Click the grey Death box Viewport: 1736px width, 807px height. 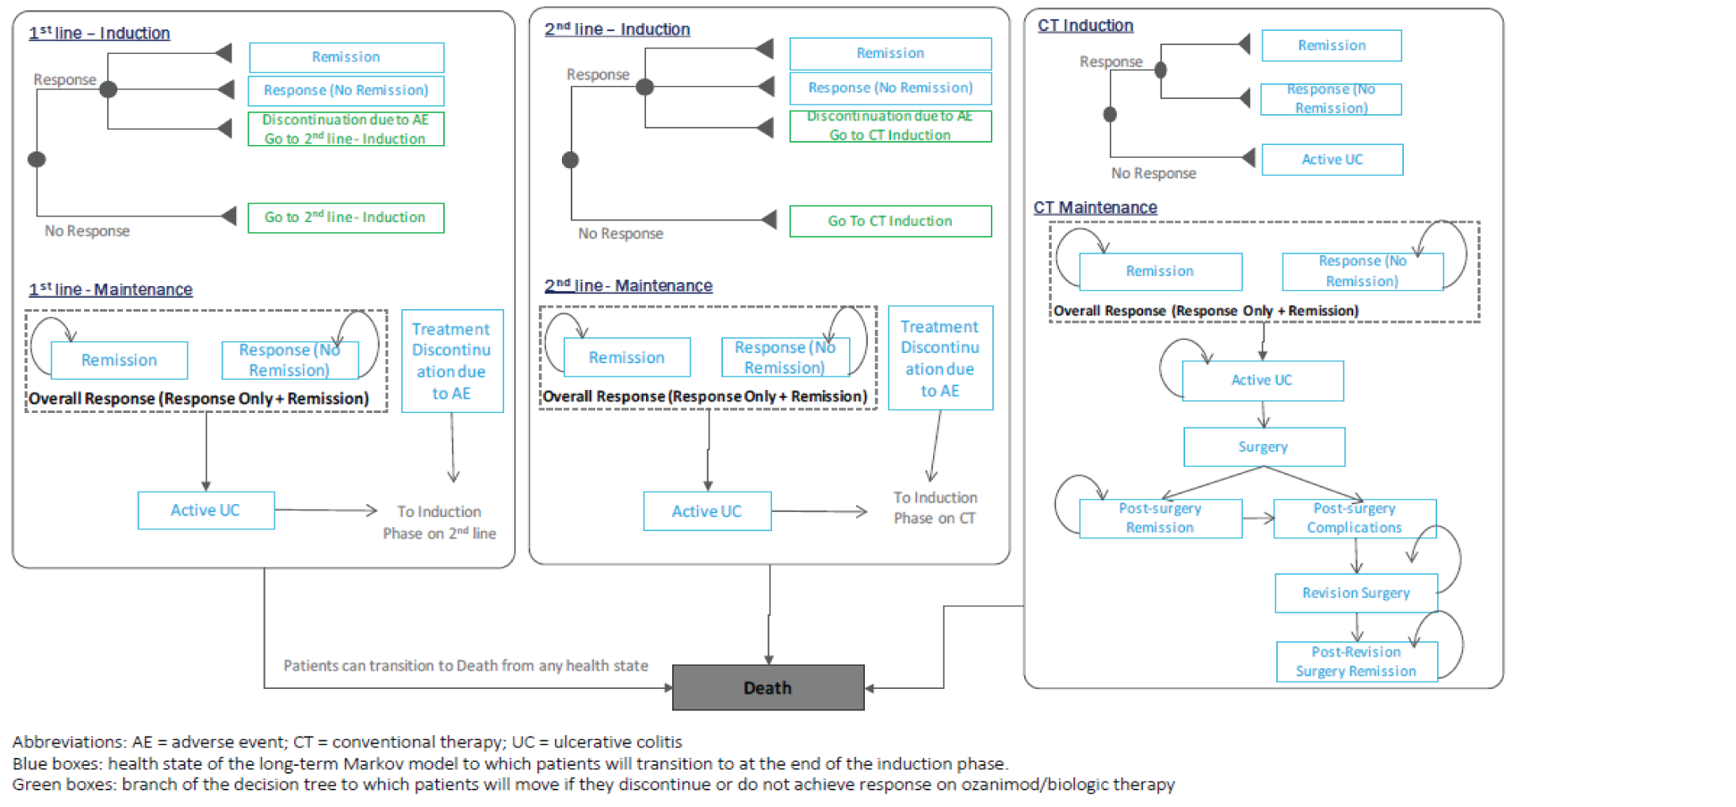click(767, 687)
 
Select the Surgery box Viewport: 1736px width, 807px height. click(1264, 447)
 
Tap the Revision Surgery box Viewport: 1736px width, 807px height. click(1356, 593)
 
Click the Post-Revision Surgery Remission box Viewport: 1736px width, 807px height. click(1356, 661)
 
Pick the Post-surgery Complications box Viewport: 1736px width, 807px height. click(1354, 518)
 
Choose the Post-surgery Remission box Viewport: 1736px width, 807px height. click(1160, 518)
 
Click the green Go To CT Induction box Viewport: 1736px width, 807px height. click(889, 221)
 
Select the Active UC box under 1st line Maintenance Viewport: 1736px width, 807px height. click(205, 511)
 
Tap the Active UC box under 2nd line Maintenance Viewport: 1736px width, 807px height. click(706, 511)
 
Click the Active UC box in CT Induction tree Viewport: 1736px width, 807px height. click(1332, 159)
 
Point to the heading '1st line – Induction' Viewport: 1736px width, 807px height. click(99, 33)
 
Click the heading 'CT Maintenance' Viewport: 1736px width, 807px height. click(1095, 208)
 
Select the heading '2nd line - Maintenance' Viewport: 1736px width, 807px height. click(628, 285)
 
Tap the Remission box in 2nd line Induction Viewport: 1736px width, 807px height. click(889, 53)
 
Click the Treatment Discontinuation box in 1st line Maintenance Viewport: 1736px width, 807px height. click(452, 361)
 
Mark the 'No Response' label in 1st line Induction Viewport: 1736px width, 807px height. click(87, 231)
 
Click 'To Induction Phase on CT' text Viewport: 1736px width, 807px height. click(935, 507)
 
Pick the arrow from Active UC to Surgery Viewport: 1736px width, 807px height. click(1264, 414)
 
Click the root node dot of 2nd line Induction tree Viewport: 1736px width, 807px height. click(570, 160)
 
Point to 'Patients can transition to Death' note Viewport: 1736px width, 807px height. click(465, 666)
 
